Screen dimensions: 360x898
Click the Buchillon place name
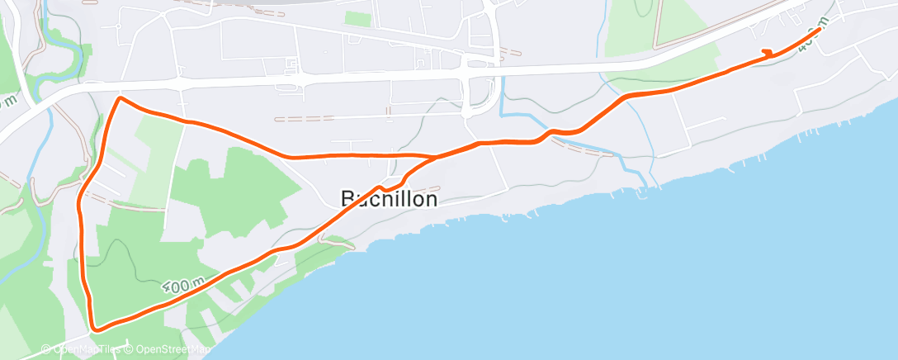pos(389,199)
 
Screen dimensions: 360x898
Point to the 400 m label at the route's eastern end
pos(810,39)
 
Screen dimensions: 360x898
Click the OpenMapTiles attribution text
pos(83,349)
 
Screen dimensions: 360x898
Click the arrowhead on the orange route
pos(768,54)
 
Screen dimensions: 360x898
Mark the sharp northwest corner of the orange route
pos(121,98)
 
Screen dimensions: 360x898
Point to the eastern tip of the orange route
pos(820,30)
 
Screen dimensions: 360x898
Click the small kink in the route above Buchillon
pos(388,187)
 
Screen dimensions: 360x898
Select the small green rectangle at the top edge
pos(357,18)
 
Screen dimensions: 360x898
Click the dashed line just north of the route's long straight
pos(304,118)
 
